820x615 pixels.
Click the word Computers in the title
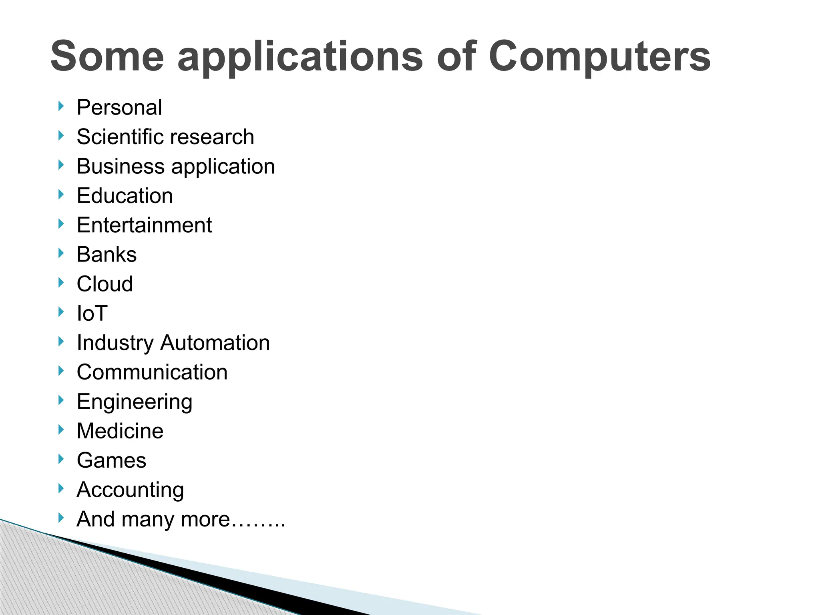tap(599, 56)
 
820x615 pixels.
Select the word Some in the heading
tap(107, 56)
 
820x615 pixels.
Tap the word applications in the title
tap(300, 56)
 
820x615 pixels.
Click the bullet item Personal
tap(119, 108)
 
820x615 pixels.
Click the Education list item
tap(125, 196)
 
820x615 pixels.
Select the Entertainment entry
tap(144, 225)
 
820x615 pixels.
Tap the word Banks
tap(107, 255)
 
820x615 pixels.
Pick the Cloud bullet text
tap(105, 284)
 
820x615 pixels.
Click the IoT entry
tap(92, 313)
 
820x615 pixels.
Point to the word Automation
tap(215, 343)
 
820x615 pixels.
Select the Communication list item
tap(152, 372)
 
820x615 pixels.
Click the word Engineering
tap(135, 402)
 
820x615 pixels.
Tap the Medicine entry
tap(120, 431)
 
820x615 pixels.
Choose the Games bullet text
tap(111, 460)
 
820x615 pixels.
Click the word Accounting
tap(130, 490)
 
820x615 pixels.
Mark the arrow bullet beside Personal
tap(61, 107)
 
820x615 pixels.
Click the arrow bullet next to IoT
tap(61, 312)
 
